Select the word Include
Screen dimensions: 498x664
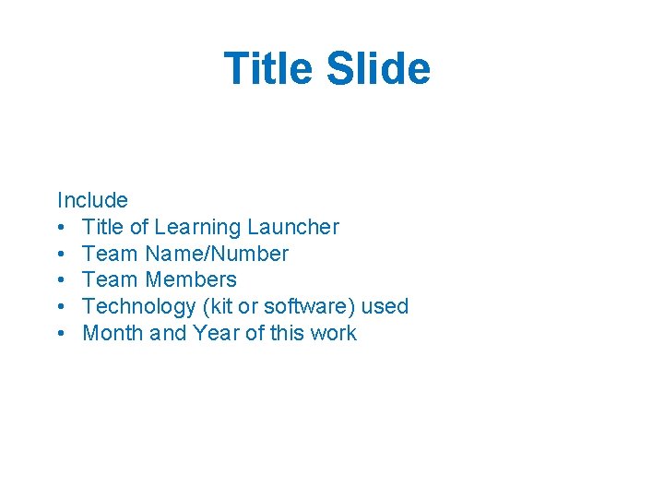92,200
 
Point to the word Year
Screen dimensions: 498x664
216,333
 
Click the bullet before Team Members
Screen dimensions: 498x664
61,280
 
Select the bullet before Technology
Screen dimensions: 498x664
61,307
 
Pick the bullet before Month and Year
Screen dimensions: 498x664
61,334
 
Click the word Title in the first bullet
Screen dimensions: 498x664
102,227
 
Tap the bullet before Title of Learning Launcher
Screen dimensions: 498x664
61,228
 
